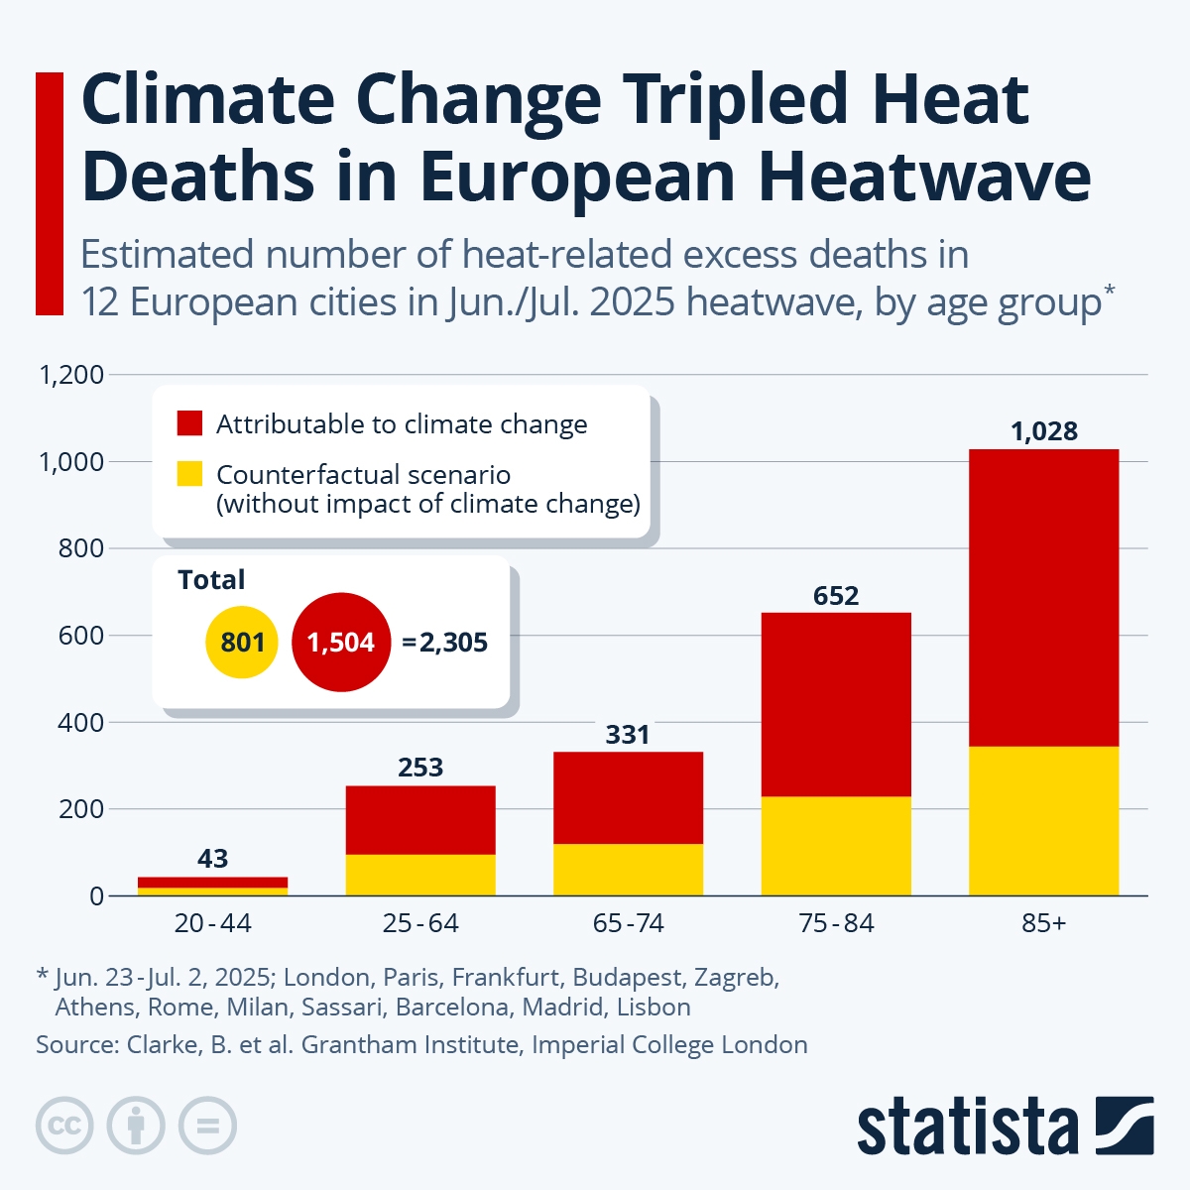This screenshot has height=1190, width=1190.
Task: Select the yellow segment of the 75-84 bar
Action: pyautogui.click(x=836, y=845)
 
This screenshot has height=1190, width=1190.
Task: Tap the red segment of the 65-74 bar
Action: pyautogui.click(x=628, y=797)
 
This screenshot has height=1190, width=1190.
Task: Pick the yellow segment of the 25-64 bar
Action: pyautogui.click(x=420, y=875)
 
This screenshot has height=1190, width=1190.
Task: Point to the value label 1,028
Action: pyautogui.click(x=1044, y=431)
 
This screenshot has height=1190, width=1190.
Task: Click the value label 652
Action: pyautogui.click(x=836, y=596)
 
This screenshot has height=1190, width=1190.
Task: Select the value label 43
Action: pyautogui.click(x=212, y=859)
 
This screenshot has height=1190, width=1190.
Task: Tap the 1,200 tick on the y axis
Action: pyautogui.click(x=70, y=375)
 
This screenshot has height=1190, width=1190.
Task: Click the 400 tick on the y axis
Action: pyautogui.click(x=80, y=722)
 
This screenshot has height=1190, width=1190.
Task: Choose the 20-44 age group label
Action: pyautogui.click(x=212, y=923)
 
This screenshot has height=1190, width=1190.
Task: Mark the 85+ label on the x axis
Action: pyautogui.click(x=1044, y=923)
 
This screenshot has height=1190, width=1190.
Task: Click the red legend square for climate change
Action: pyautogui.click(x=189, y=423)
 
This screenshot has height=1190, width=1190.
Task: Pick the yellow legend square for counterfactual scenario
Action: pyautogui.click(x=189, y=474)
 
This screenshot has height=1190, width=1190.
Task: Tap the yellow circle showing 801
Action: pyautogui.click(x=242, y=643)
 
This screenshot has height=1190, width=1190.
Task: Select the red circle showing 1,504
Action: pyautogui.click(x=341, y=643)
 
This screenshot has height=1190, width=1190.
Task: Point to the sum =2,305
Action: pyautogui.click(x=445, y=643)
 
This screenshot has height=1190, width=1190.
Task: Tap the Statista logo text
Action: pyautogui.click(x=967, y=1127)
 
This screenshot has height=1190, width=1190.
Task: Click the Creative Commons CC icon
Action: pyautogui.click(x=64, y=1127)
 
